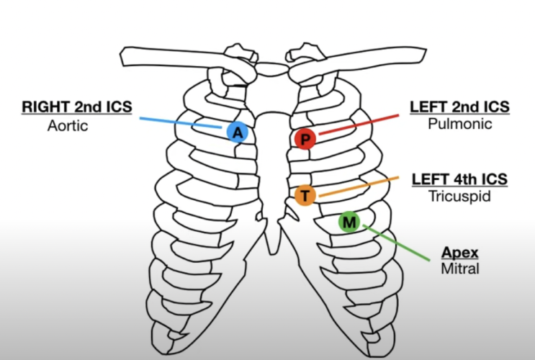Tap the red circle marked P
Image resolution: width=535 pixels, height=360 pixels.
point(305,138)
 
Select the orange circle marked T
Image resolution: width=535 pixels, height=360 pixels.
point(305,195)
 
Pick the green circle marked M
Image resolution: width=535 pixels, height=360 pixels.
point(349,222)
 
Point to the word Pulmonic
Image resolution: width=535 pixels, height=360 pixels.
point(459,124)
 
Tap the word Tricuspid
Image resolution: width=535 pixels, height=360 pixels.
point(459,195)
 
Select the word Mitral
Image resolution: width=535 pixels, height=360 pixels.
point(459,269)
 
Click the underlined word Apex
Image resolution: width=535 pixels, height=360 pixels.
point(459,253)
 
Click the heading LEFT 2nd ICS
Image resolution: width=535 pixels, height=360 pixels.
point(459,107)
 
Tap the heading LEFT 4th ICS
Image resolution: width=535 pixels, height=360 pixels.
point(459,179)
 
